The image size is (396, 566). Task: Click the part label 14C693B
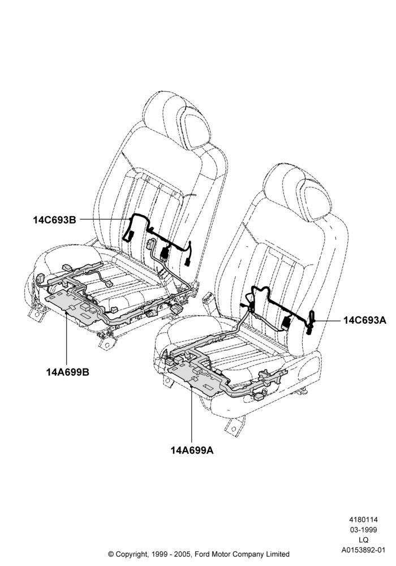(54, 220)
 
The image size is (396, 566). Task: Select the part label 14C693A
(365, 320)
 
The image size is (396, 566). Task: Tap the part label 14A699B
(67, 372)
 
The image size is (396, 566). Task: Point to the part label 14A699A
(192, 451)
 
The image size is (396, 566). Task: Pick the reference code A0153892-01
(363, 550)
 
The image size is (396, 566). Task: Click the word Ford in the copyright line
(204, 554)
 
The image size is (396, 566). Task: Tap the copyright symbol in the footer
(111, 554)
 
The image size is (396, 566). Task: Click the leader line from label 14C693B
(104, 218)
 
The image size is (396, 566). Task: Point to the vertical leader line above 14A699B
(67, 339)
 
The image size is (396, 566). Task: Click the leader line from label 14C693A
(328, 320)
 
